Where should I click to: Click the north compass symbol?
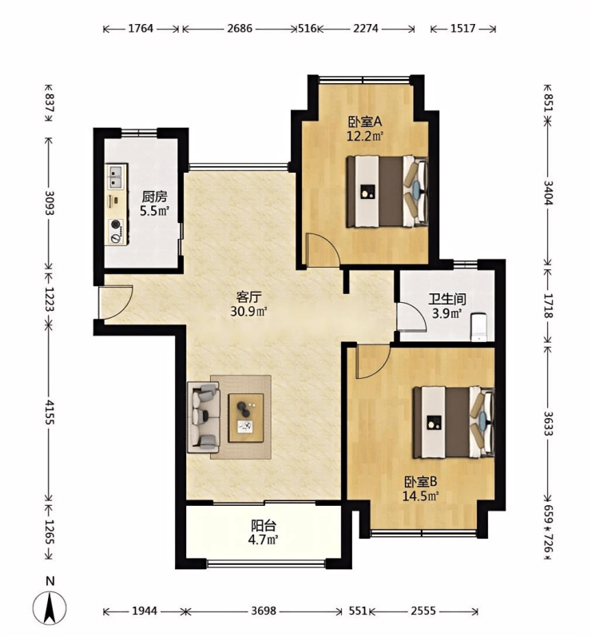[x=49, y=607]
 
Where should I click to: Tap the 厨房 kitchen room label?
[x=154, y=197]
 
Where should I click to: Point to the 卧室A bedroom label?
[x=365, y=121]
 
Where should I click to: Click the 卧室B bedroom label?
[x=421, y=482]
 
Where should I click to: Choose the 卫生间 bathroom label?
[x=447, y=300]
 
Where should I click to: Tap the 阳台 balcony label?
[x=264, y=526]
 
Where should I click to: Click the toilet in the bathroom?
[x=479, y=327]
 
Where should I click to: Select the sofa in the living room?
[x=204, y=418]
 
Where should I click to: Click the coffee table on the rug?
[x=246, y=418]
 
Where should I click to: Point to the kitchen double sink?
[x=117, y=177]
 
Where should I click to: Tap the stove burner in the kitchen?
[x=117, y=224]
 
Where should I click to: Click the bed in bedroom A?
[x=387, y=191]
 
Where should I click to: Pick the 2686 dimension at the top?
[x=240, y=29]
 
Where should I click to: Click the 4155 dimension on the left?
[x=50, y=412]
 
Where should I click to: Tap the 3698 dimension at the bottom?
[x=264, y=611]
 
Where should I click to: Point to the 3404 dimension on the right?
[x=549, y=192]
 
